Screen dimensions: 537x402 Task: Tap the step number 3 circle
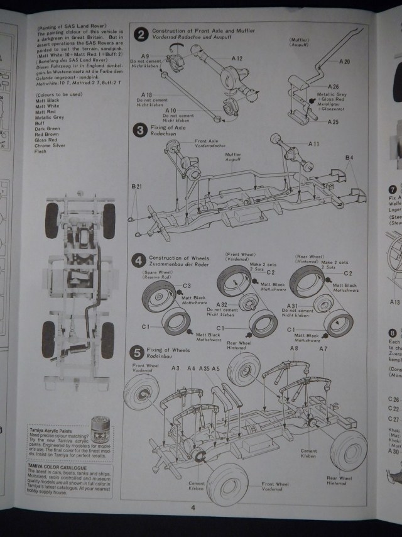pos(139,131)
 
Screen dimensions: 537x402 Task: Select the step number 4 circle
pos(138,260)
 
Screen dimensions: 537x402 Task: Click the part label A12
pos(236,58)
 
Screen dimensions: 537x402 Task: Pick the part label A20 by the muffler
pos(344,62)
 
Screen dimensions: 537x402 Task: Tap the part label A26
pos(332,86)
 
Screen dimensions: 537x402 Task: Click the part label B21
pos(138,187)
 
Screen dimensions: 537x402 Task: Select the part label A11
pos(313,144)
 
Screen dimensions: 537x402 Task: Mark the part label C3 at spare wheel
pos(187,286)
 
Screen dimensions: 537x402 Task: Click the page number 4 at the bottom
pos(193,507)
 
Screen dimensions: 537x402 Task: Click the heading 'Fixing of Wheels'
pos(166,350)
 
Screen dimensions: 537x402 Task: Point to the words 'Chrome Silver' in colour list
pos(51,145)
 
